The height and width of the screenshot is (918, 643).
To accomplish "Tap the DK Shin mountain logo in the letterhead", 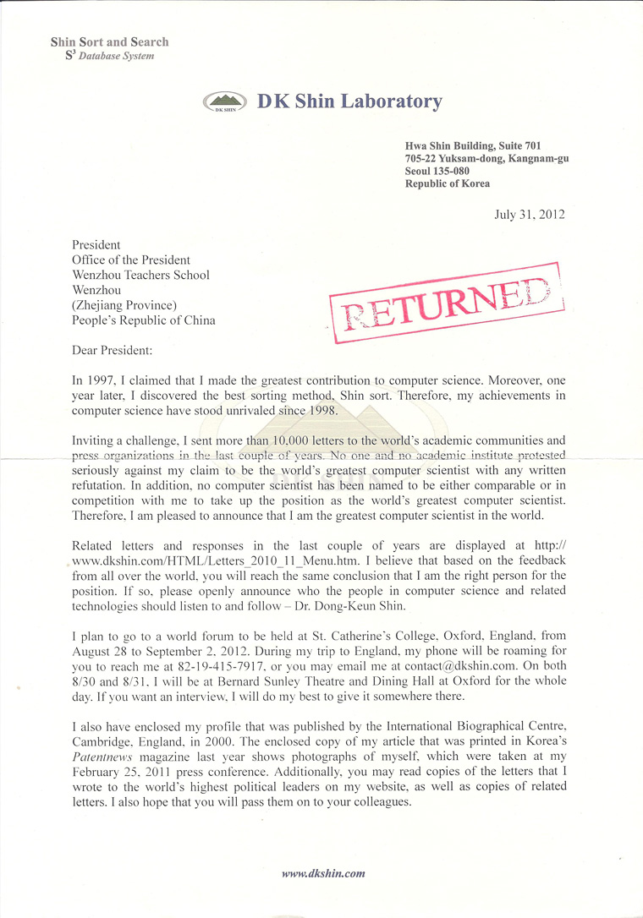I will point(226,103).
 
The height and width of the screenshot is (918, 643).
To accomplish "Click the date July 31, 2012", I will point(530,214).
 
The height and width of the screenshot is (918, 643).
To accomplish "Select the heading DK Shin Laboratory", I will point(349,102).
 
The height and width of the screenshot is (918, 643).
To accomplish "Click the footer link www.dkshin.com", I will point(323,873).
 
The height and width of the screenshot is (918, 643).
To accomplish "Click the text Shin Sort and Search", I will point(109,41).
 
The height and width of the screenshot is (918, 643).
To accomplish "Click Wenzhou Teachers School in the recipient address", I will point(141,275).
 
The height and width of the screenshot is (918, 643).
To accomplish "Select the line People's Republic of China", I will point(144,320).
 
